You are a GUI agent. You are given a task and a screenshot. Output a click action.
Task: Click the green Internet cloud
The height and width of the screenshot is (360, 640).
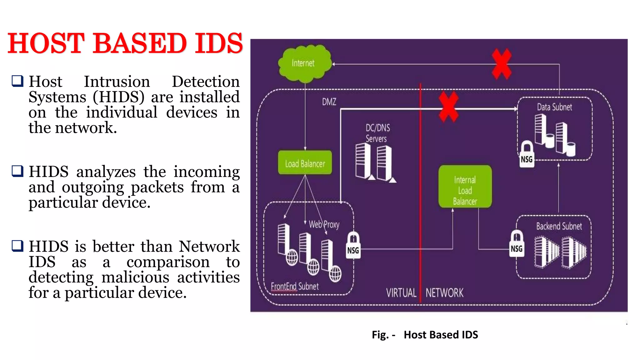tap(304, 63)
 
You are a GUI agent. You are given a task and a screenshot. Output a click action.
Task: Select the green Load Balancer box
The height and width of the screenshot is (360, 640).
tap(305, 163)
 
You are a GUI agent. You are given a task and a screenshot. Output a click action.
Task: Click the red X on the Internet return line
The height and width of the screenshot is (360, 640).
tap(501, 64)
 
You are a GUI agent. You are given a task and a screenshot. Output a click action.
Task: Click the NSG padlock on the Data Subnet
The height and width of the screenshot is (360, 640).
tap(527, 154)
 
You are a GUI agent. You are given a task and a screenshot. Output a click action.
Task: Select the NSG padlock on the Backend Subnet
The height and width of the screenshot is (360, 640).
tap(517, 244)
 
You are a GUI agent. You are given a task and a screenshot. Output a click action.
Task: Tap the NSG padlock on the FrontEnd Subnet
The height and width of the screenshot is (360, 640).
tap(353, 246)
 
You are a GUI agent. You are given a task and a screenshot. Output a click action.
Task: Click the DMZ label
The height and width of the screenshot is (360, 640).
tap(329, 102)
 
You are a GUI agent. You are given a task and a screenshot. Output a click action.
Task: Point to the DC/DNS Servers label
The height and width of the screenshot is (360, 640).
tap(377, 133)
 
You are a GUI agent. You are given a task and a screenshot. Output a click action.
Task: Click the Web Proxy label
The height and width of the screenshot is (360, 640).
tap(324, 224)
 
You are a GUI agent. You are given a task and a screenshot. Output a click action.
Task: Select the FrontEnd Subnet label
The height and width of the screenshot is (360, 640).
tap(295, 286)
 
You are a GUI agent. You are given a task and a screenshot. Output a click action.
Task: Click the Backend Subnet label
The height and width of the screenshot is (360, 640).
tap(559, 226)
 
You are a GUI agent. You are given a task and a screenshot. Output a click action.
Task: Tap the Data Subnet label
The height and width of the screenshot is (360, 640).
tap(554, 107)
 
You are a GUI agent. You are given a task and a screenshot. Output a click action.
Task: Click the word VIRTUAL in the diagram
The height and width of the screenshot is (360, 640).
tap(401, 293)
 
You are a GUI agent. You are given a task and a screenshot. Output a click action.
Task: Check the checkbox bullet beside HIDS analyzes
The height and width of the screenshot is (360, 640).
tap(17, 171)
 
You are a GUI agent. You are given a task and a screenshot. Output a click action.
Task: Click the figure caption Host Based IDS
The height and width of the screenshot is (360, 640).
tap(441, 335)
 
